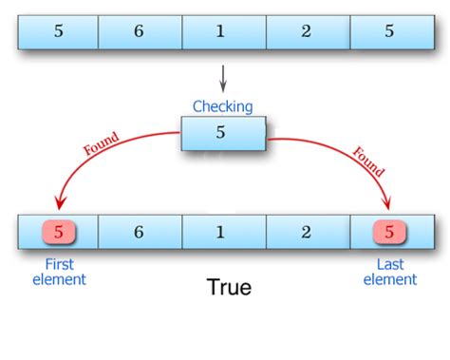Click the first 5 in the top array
(59, 31)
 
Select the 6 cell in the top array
(140, 31)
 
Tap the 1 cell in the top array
(223, 31)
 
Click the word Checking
(223, 106)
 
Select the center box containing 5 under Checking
(223, 133)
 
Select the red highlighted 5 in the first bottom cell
(59, 232)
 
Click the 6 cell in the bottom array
(140, 232)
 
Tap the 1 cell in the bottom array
(223, 232)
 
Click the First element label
(59, 272)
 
